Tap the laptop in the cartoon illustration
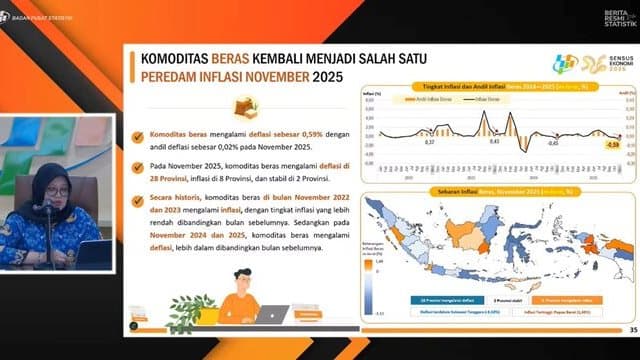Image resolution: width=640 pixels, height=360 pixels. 268,314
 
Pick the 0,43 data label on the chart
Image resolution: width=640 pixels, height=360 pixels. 493,141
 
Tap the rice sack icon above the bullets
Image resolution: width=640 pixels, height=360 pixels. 243,106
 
